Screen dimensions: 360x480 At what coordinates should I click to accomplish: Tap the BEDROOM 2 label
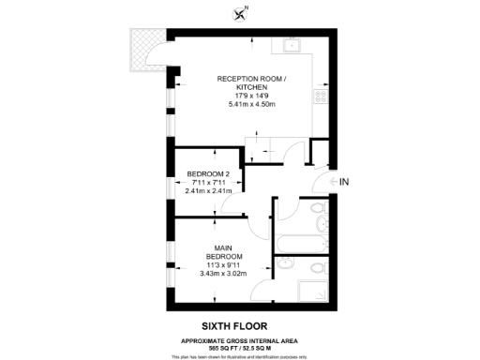[208, 173]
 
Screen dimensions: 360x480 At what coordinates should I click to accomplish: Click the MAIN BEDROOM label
[226, 252]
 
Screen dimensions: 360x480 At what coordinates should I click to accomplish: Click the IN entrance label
[344, 181]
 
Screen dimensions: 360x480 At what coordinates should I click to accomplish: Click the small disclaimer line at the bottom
[241, 356]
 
